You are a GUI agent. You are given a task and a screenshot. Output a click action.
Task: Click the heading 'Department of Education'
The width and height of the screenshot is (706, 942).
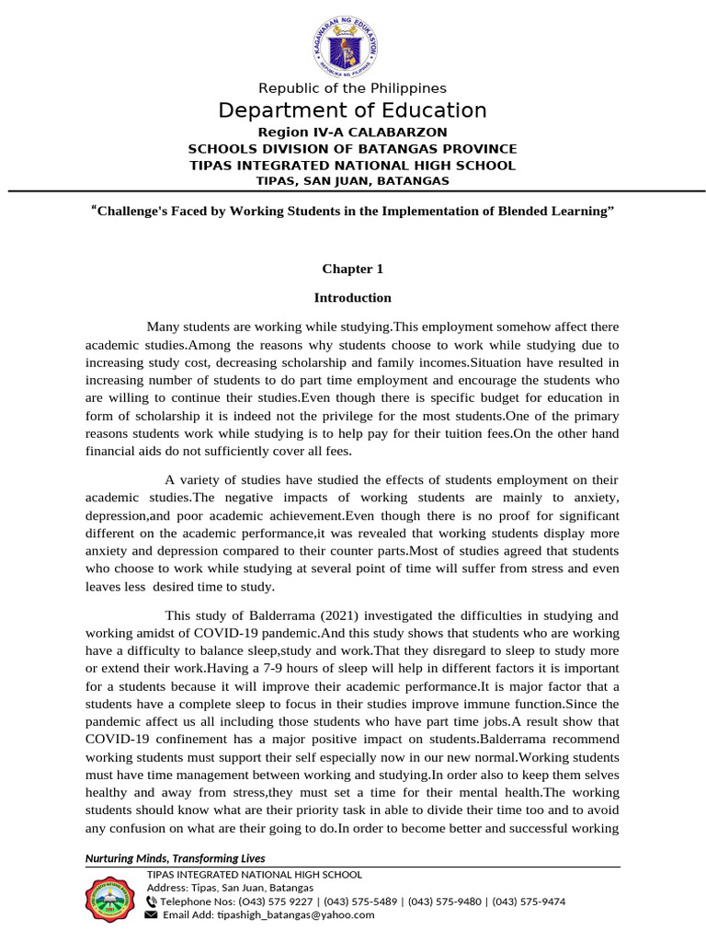[x=352, y=111]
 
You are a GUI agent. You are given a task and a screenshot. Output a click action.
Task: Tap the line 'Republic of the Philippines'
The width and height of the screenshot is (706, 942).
[x=352, y=88]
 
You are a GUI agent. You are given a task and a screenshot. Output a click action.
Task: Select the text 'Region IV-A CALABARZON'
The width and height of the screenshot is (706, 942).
[x=352, y=132]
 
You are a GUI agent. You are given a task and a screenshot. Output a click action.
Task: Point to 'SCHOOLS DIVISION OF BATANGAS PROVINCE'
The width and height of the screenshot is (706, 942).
[x=352, y=149]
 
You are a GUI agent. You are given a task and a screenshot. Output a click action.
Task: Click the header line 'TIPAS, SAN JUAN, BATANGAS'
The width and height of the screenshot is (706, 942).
[x=352, y=181]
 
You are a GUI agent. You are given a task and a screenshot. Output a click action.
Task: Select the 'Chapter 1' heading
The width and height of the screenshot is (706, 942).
[x=352, y=270]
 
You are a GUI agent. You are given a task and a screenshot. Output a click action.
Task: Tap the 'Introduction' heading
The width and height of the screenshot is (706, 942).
[x=352, y=298]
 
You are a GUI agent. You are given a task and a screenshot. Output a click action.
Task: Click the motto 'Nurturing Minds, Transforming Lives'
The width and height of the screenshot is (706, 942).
[x=175, y=858]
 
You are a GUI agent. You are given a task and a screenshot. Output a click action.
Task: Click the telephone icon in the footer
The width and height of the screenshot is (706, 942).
[x=152, y=902]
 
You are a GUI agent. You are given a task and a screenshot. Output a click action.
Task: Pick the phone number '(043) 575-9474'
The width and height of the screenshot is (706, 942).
[x=529, y=902]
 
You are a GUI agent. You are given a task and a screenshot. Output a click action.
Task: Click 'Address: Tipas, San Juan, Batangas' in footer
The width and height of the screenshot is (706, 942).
[x=230, y=888]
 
